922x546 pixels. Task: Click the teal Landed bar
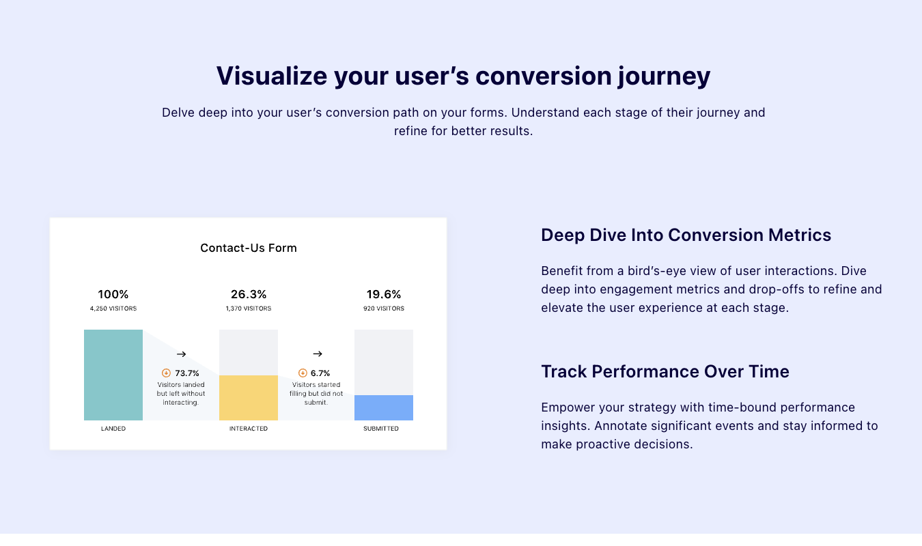click(113, 375)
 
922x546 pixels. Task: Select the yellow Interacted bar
click(249, 398)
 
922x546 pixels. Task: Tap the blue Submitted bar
click(384, 407)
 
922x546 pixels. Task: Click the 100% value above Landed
click(113, 295)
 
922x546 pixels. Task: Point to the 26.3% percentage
click(249, 295)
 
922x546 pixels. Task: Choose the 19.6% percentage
click(384, 295)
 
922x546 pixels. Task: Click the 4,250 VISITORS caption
click(113, 308)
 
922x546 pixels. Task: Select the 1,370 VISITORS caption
click(249, 308)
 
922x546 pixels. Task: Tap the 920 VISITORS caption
click(384, 308)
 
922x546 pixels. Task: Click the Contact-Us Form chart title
click(249, 248)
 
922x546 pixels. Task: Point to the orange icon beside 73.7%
click(166, 373)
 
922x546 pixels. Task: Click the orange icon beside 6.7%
click(303, 373)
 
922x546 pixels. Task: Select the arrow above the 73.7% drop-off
click(181, 354)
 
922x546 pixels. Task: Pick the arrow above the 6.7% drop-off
click(318, 354)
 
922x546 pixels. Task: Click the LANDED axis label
click(113, 429)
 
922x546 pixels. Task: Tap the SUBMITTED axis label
click(381, 429)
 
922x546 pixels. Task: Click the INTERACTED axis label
click(249, 429)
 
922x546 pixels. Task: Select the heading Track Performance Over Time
click(665, 372)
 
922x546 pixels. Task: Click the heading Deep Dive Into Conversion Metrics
click(686, 235)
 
